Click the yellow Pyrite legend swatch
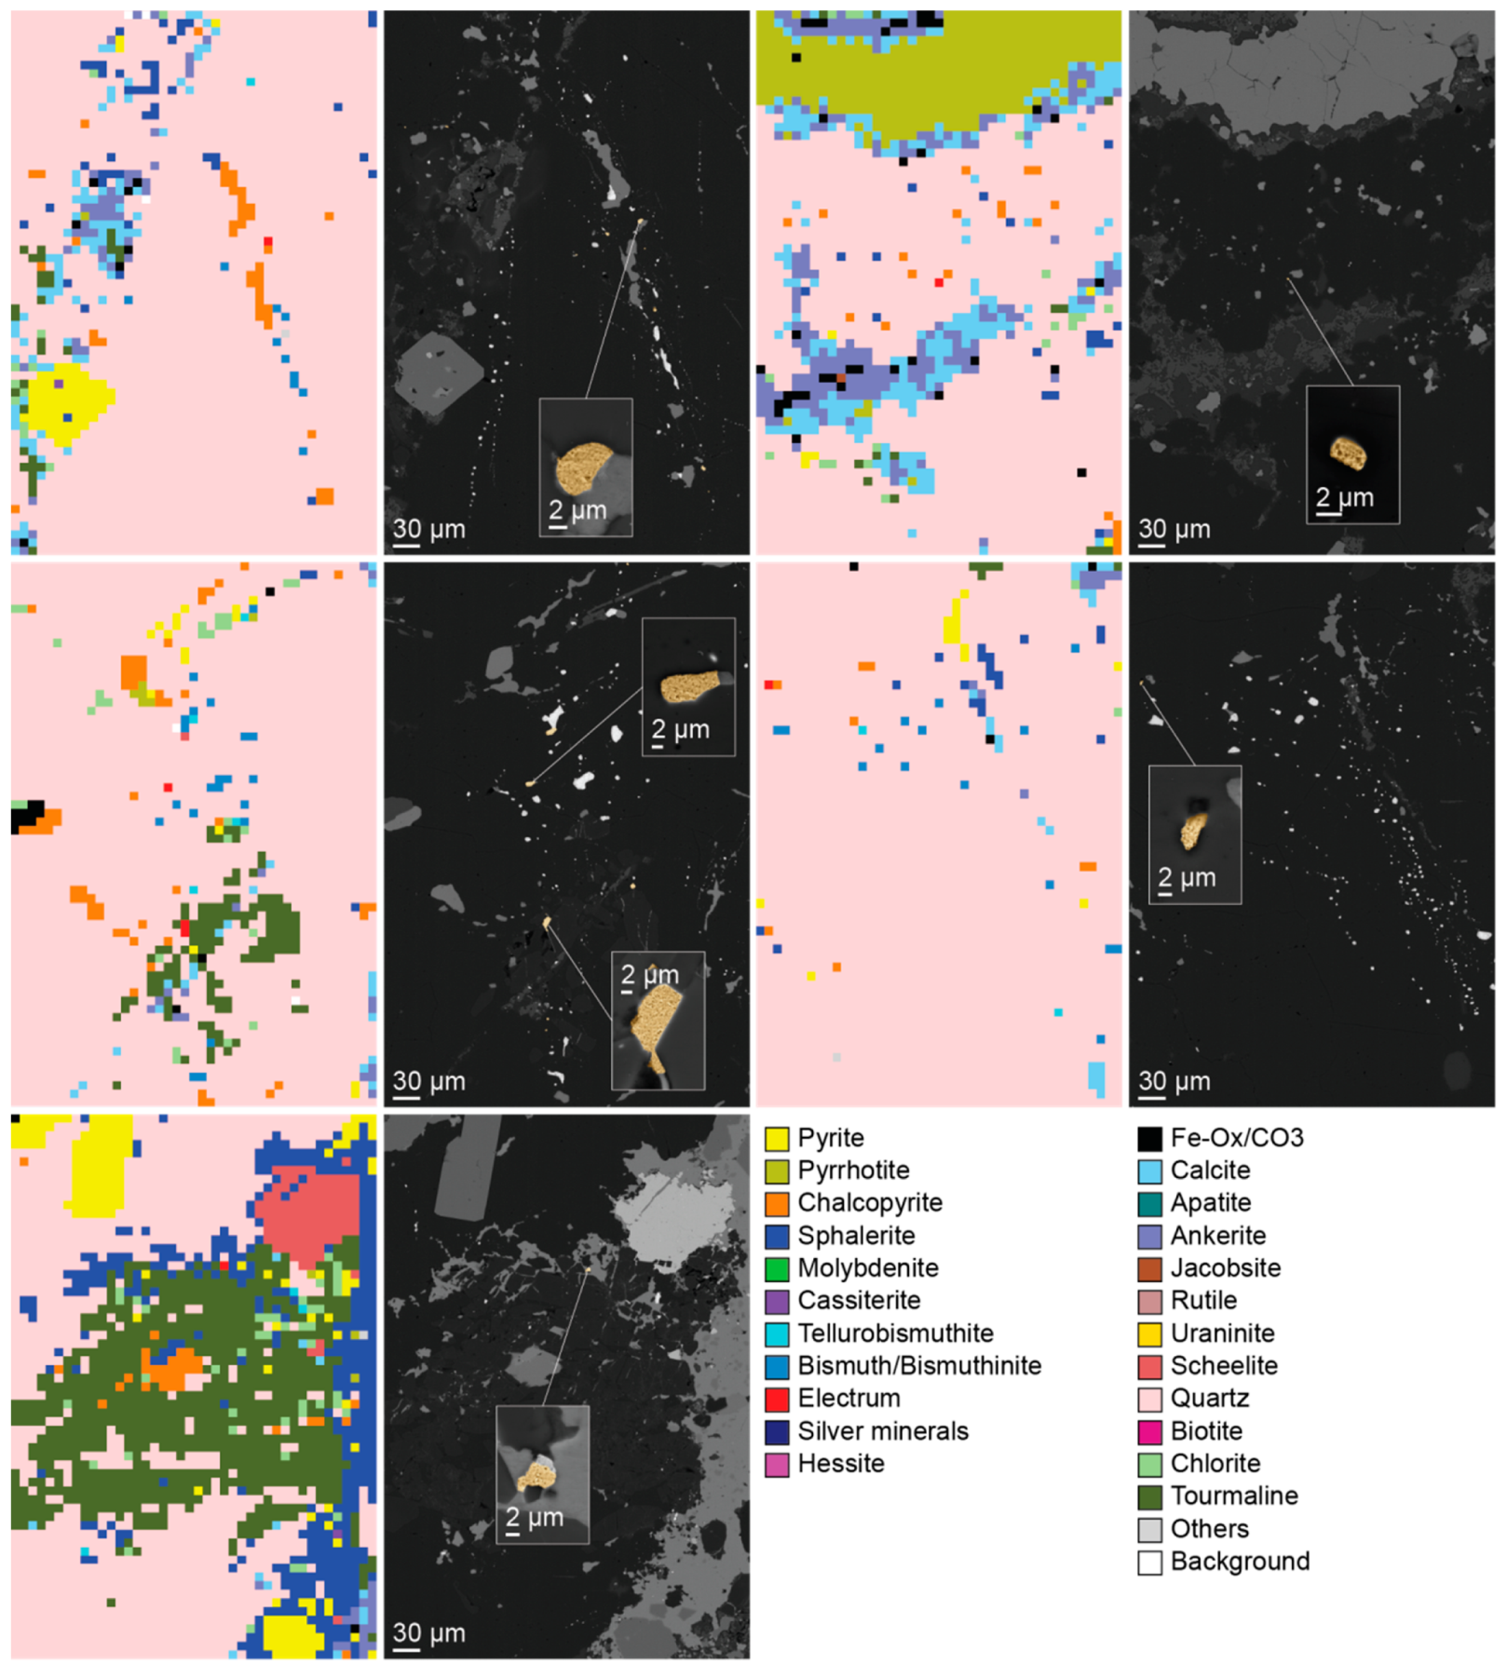pyautogui.click(x=776, y=1138)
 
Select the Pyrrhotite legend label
pyautogui.click(x=853, y=1171)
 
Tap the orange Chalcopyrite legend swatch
pyautogui.click(x=776, y=1203)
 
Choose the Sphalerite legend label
pyautogui.click(x=856, y=1236)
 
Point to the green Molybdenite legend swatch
pyautogui.click(x=776, y=1268)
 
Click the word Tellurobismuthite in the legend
pyautogui.click(x=895, y=1333)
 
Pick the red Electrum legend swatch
pyautogui.click(x=776, y=1399)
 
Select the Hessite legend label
pyautogui.click(x=840, y=1464)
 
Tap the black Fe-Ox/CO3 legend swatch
pyautogui.click(x=1149, y=1138)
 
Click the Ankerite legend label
pyautogui.click(x=1217, y=1236)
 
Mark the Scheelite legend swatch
pyautogui.click(x=1149, y=1366)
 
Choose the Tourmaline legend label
pyautogui.click(x=1234, y=1496)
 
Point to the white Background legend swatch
pyautogui.click(x=1149, y=1562)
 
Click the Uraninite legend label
pyautogui.click(x=1222, y=1333)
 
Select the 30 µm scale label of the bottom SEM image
pyautogui.click(x=428, y=1632)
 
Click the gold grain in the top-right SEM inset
pyautogui.click(x=1348, y=453)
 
